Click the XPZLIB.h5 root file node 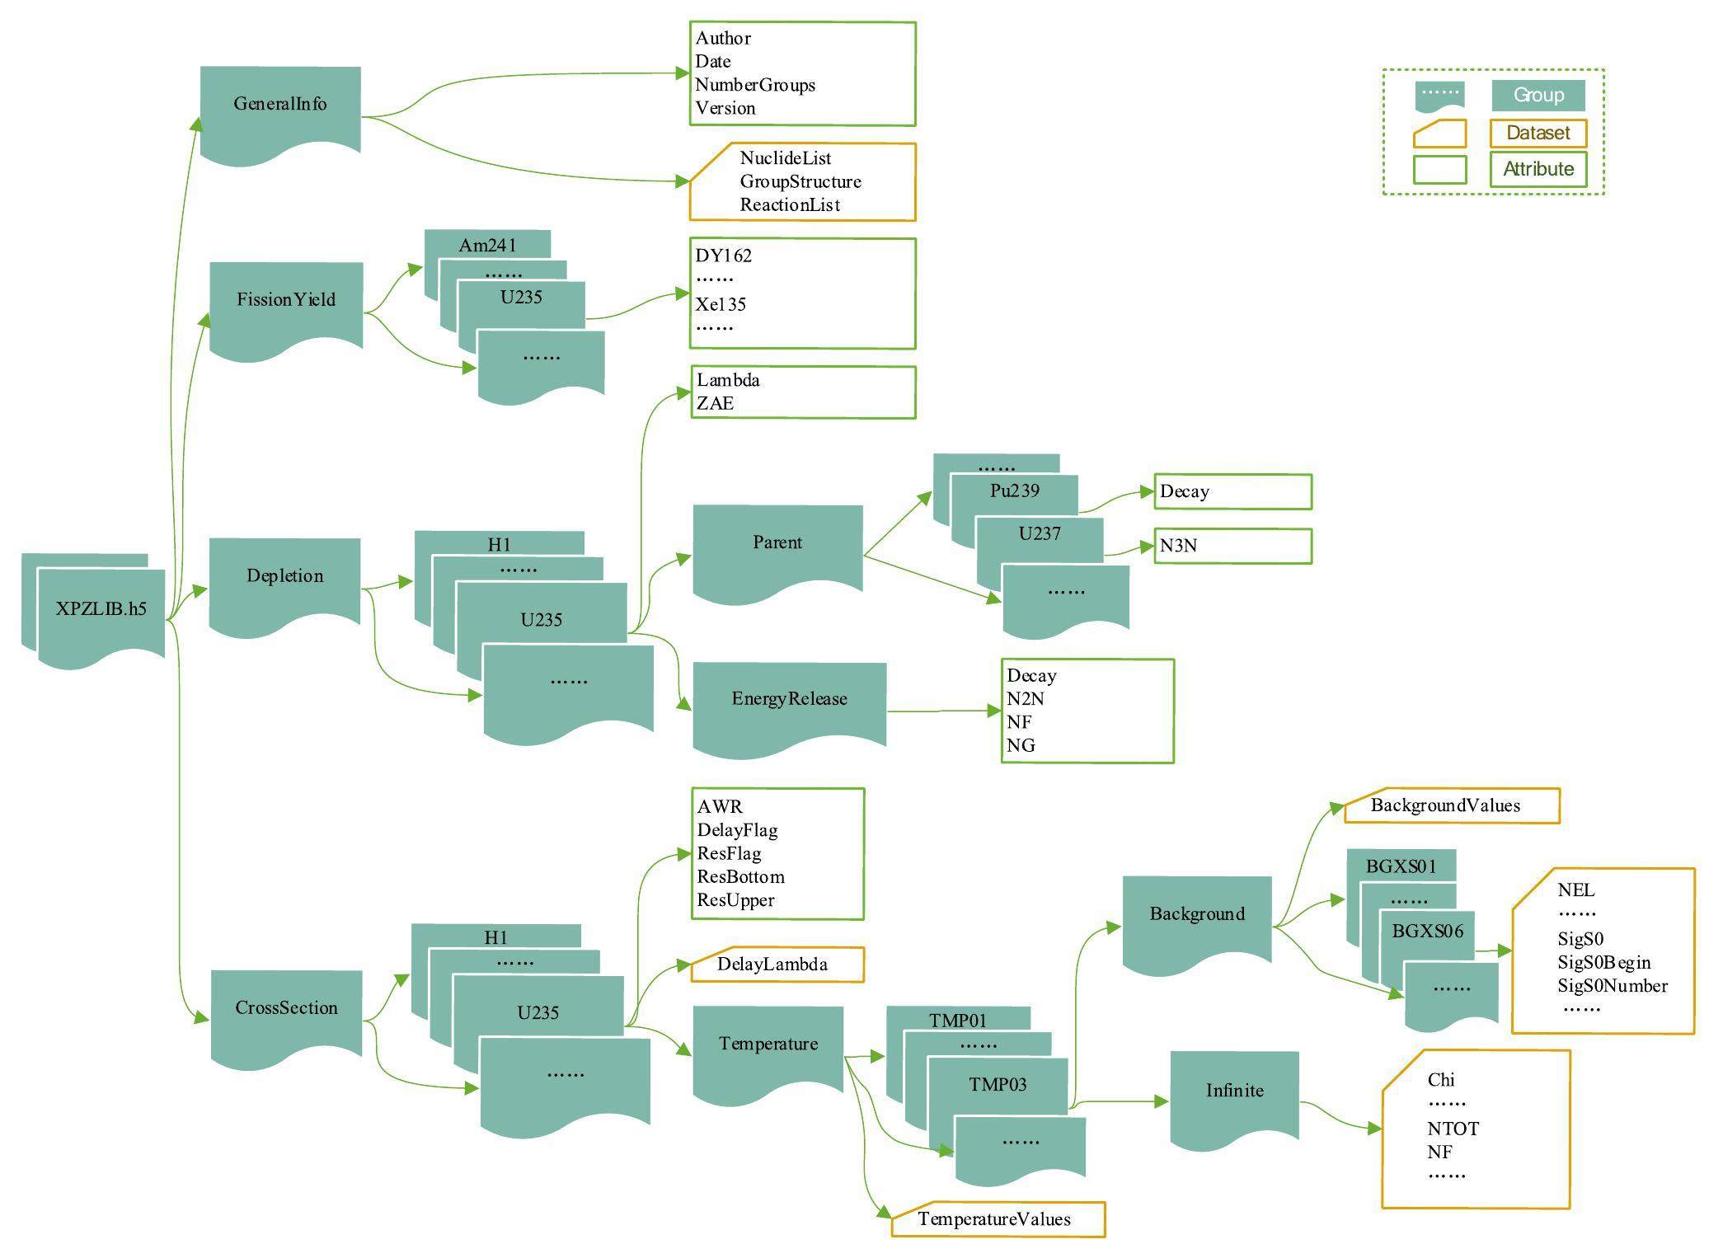point(101,610)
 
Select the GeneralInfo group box point(280,105)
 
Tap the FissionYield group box point(286,300)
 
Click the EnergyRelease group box point(789,700)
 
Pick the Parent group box point(777,543)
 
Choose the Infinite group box point(1234,1091)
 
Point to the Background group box point(1197,914)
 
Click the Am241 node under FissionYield point(487,245)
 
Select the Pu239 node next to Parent point(1014,491)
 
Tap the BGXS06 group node point(1427,932)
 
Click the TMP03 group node point(998,1085)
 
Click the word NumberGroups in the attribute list point(755,85)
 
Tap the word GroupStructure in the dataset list point(800,181)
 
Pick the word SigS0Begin point(1603,963)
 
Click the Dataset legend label point(1538,133)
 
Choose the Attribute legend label point(1538,169)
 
